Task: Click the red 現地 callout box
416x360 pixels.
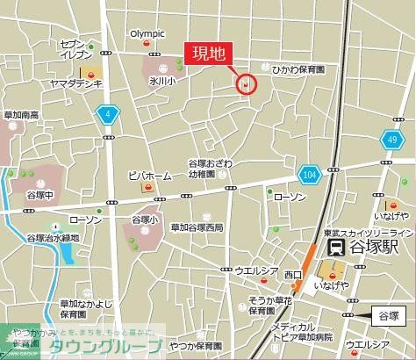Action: point(208,54)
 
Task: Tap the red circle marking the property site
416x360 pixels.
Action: point(247,84)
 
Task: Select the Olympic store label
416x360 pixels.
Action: point(147,34)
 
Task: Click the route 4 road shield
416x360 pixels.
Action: point(107,114)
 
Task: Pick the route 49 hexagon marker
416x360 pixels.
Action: point(393,139)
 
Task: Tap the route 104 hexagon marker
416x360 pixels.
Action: point(307,176)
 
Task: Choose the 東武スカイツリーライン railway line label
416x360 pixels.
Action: point(362,232)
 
